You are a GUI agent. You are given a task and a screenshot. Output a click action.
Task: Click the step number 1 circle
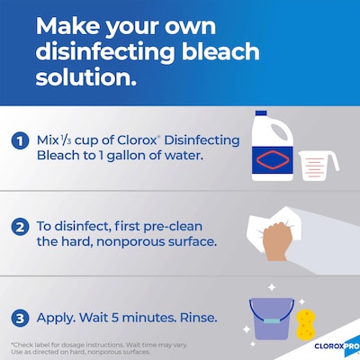[19, 141]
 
